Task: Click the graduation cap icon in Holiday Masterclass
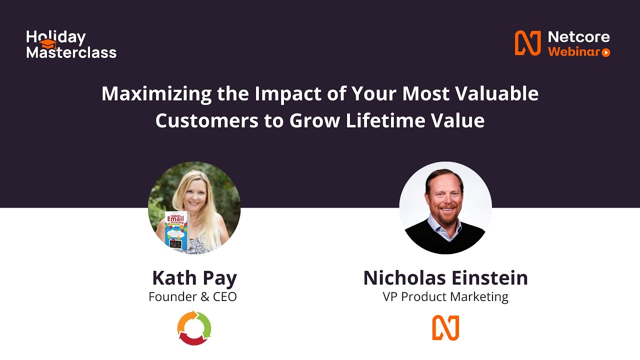(47, 44)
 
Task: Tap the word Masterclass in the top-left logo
(71, 52)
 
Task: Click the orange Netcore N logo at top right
(528, 43)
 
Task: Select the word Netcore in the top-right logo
(579, 37)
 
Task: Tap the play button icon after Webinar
(605, 52)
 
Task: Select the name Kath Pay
(194, 278)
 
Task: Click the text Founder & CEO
(192, 296)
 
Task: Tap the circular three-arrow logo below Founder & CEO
(194, 328)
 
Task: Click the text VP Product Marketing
(445, 296)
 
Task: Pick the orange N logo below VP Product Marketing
(445, 328)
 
